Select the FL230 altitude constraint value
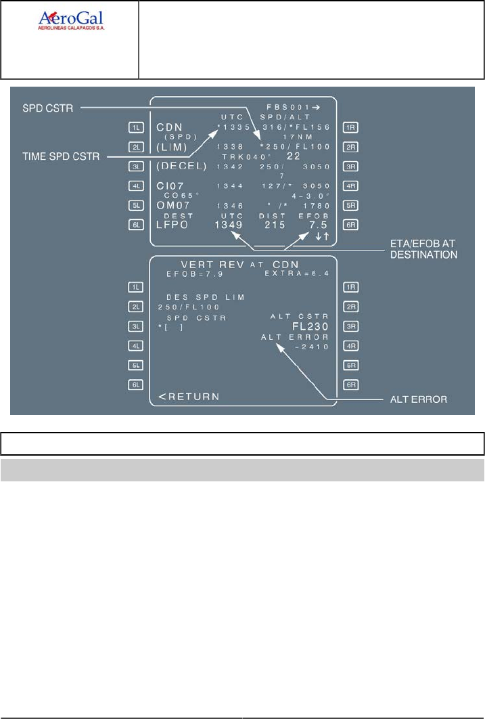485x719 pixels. point(310,326)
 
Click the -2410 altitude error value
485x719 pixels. point(311,347)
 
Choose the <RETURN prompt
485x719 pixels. point(189,396)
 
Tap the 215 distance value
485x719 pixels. point(274,225)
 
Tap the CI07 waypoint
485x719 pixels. point(170,186)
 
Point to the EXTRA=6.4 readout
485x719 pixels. point(302,274)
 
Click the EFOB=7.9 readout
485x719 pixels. point(191,274)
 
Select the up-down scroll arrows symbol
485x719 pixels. point(321,236)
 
